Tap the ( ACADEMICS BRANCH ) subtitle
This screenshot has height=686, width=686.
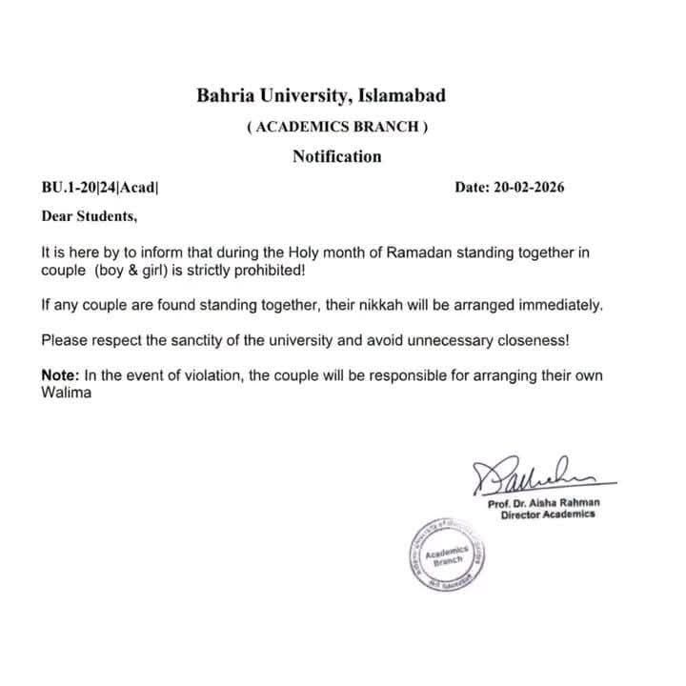337,128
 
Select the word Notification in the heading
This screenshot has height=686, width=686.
336,156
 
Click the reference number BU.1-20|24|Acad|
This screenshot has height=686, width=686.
99,187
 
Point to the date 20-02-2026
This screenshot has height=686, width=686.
530,187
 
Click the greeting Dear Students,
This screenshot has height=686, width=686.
89,215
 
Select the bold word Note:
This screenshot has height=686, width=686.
60,375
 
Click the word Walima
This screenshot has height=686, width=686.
66,393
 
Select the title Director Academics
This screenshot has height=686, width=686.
548,514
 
